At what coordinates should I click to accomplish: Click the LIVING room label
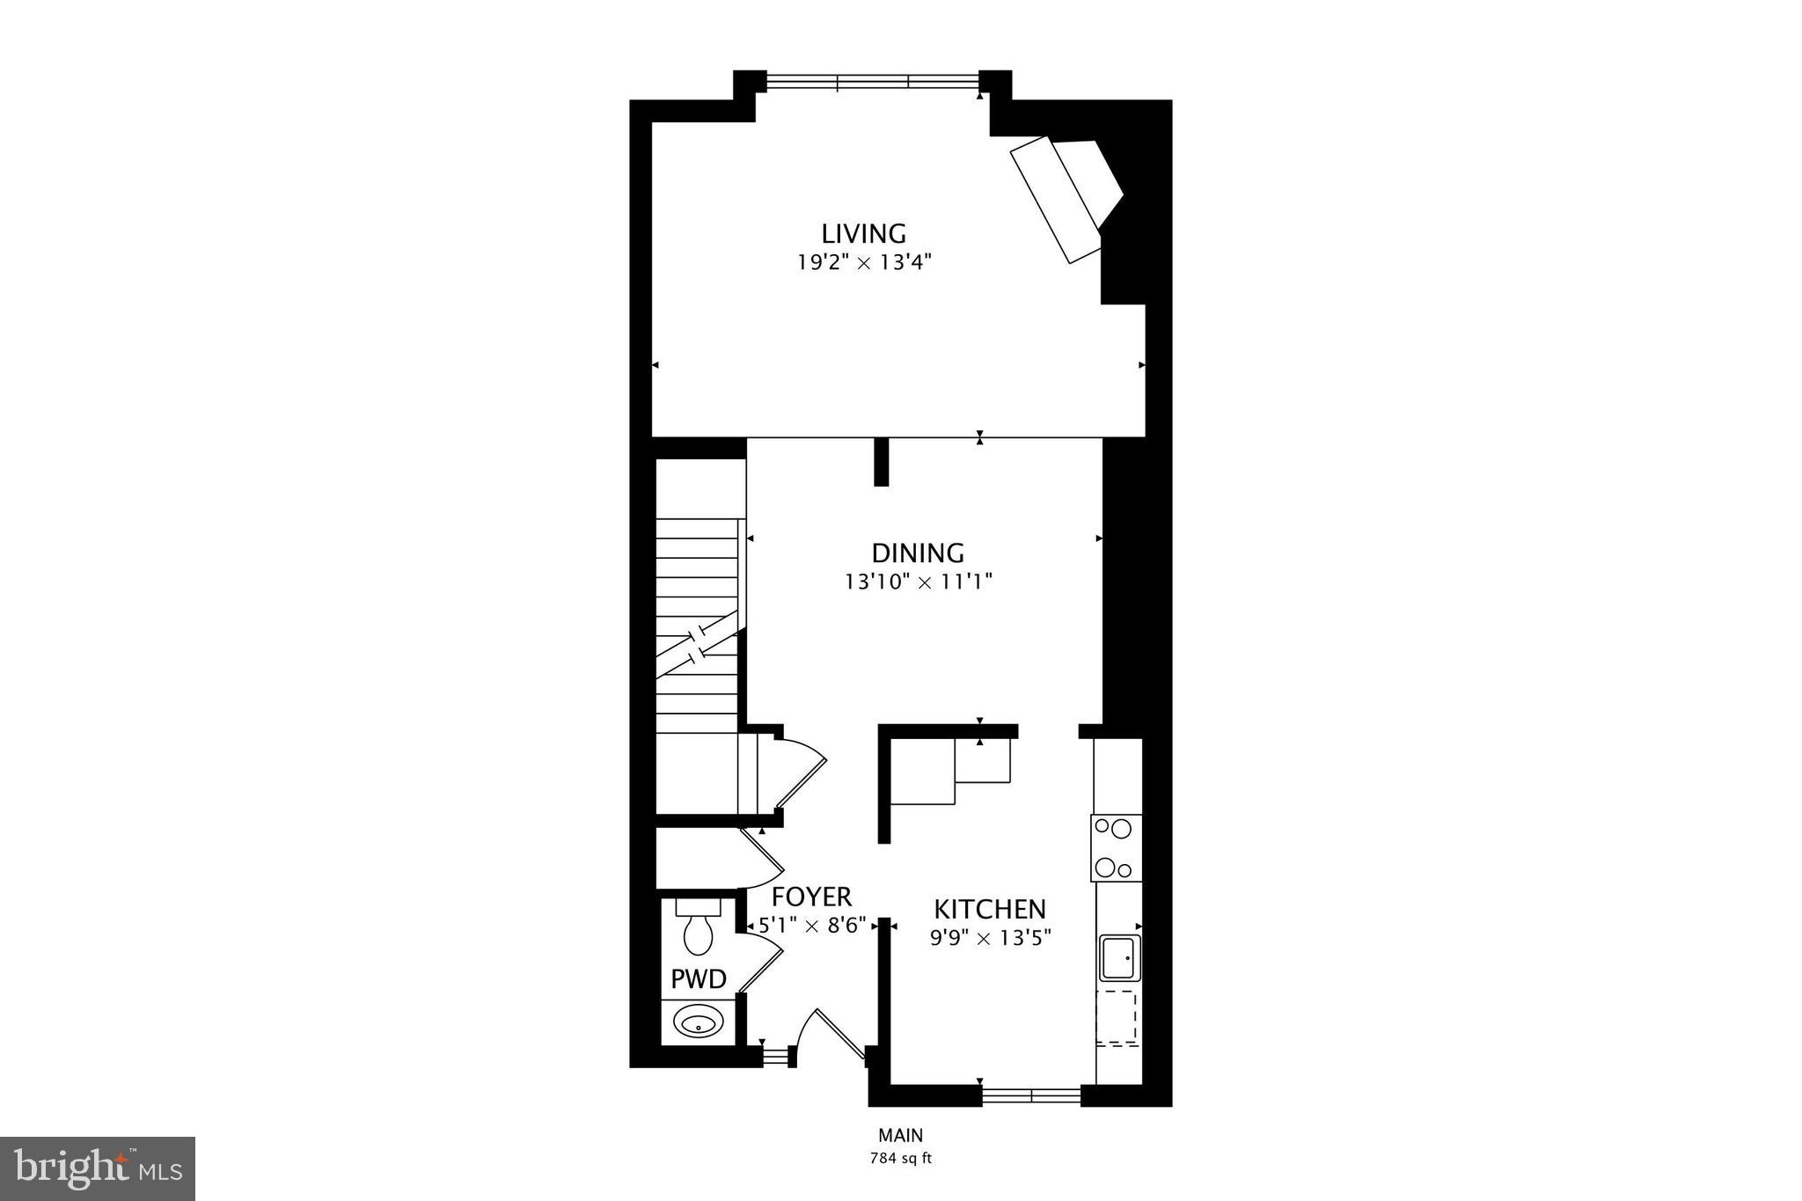pos(863,233)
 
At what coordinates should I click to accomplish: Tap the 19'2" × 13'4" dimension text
pos(863,262)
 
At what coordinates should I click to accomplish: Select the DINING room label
pos(918,553)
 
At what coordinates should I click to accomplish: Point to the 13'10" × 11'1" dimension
pos(918,582)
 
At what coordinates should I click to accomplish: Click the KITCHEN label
pos(990,909)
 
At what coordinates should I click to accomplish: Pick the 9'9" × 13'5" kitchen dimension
pos(990,938)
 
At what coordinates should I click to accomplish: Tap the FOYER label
pos(811,897)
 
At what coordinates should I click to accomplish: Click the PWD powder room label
pos(699,978)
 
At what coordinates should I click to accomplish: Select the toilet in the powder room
pos(699,928)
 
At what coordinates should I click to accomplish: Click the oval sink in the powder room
pos(699,1023)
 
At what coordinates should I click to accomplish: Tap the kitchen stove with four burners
pos(1117,847)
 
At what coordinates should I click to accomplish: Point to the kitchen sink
pos(1118,958)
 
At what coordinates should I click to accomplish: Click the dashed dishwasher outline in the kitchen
pos(1117,1018)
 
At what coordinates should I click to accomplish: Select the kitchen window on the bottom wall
pos(1030,1095)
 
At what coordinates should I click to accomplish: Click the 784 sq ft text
pos(900,1158)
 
